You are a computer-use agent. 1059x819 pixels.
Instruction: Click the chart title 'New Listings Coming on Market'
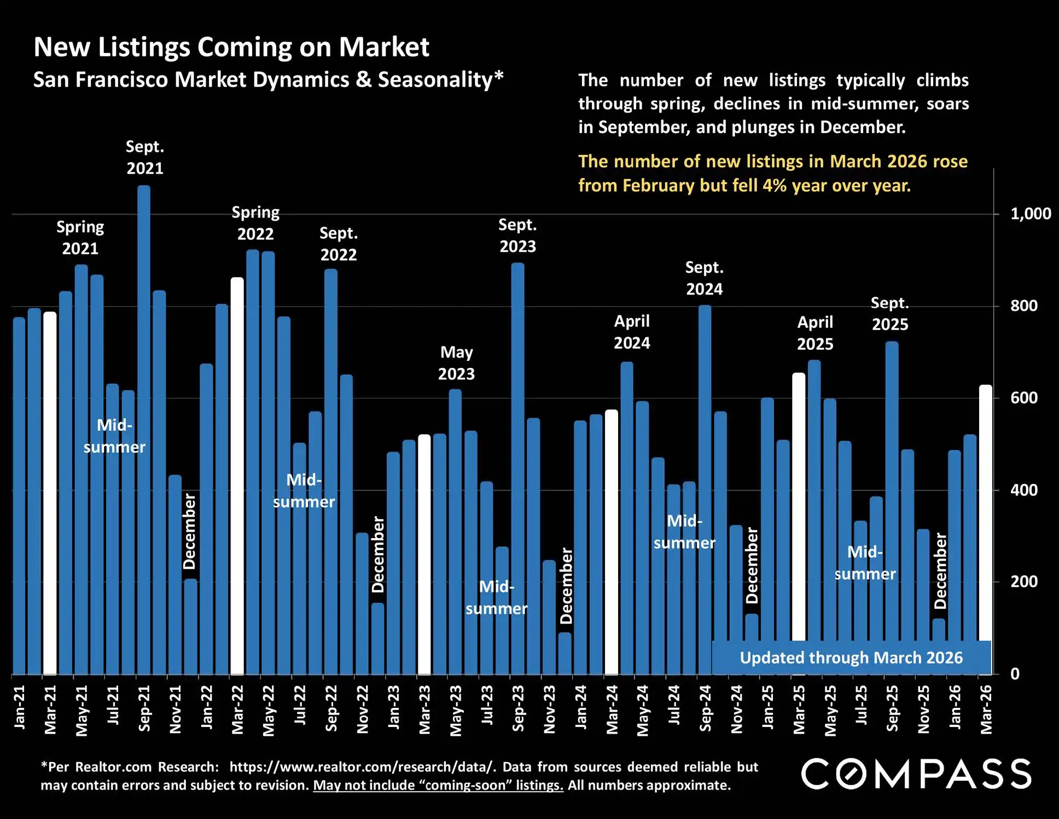point(231,47)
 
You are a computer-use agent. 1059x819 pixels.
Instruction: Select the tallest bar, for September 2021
point(144,430)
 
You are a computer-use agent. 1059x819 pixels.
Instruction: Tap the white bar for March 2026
point(985,512)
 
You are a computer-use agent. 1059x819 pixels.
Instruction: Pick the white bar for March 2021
point(50,493)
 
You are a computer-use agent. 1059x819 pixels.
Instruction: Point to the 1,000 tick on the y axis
point(1030,214)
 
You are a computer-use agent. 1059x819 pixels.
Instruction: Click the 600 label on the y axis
point(1023,398)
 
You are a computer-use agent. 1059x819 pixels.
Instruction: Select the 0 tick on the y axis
point(1015,674)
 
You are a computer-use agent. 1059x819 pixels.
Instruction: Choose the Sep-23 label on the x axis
point(518,708)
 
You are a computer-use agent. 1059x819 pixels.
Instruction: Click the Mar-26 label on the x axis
point(986,710)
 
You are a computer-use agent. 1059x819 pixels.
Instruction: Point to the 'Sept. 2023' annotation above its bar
point(517,235)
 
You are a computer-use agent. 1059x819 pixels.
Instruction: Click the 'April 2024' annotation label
point(632,332)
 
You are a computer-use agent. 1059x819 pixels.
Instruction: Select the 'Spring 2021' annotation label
point(80,238)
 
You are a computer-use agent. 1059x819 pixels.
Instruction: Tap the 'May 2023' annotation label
point(456,363)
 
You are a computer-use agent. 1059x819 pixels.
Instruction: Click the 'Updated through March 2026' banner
point(851,657)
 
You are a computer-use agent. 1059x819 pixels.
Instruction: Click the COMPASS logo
point(916,774)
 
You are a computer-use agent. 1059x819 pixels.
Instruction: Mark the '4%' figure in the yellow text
point(774,186)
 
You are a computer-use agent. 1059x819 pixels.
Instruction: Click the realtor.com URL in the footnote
point(359,767)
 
